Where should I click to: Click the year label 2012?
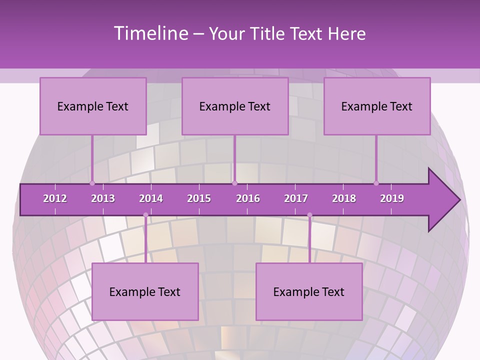tap(55, 198)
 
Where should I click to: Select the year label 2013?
tap(103, 198)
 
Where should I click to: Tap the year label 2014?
tap(151, 198)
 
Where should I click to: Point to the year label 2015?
tap(199, 198)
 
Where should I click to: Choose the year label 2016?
tap(248, 198)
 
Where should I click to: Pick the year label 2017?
tap(296, 198)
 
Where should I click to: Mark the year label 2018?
tap(344, 198)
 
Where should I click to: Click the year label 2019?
tap(392, 198)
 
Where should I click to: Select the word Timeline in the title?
tap(150, 33)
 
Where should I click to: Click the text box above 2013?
tap(93, 106)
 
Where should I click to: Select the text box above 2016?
tap(235, 106)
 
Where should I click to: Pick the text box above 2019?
tap(377, 106)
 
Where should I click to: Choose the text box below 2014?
tap(145, 291)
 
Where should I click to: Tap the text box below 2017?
tap(309, 291)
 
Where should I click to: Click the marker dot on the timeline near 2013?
tap(92, 183)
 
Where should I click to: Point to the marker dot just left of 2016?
tap(234, 183)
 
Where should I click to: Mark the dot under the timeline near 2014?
tap(145, 215)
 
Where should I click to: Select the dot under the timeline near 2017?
tap(309, 215)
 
